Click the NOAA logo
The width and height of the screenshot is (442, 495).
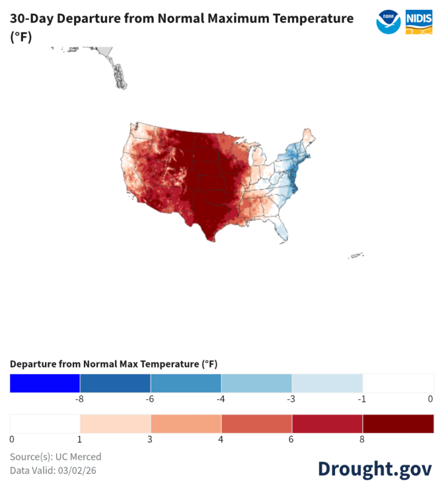(x=388, y=22)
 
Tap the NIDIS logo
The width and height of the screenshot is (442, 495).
(x=419, y=22)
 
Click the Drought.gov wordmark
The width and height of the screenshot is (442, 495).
(x=375, y=469)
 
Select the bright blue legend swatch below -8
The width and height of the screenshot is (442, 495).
(x=45, y=383)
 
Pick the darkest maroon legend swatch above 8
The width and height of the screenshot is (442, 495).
(x=398, y=424)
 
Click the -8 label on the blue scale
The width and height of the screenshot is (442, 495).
(x=79, y=399)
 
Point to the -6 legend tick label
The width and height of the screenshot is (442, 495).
(x=150, y=399)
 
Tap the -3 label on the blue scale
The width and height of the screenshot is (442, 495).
(x=291, y=399)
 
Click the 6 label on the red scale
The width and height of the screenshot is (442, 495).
(x=291, y=439)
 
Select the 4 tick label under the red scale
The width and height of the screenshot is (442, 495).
(x=221, y=439)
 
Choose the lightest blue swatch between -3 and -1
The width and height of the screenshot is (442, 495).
(x=327, y=383)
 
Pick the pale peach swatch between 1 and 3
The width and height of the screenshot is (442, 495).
(x=116, y=424)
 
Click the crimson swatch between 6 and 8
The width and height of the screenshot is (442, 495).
(x=327, y=424)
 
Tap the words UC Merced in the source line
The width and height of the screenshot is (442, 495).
(x=79, y=457)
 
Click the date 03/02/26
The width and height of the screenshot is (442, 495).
(x=77, y=471)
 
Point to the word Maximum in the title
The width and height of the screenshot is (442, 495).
(x=239, y=18)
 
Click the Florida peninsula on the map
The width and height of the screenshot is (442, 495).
(x=281, y=231)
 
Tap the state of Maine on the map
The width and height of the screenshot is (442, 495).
(x=307, y=137)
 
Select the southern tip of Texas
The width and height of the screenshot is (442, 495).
(x=211, y=240)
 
